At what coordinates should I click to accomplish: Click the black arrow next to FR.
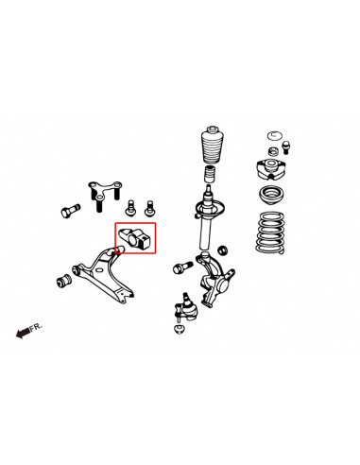pyautogui.click(x=22, y=331)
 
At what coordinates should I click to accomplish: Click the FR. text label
pyautogui.click(x=37, y=326)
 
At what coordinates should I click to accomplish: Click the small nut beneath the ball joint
pyautogui.click(x=180, y=329)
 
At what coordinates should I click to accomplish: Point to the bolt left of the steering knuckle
pyautogui.click(x=180, y=269)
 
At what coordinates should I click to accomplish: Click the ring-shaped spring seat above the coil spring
pyautogui.click(x=274, y=197)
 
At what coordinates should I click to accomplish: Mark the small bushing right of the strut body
pyautogui.click(x=225, y=249)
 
